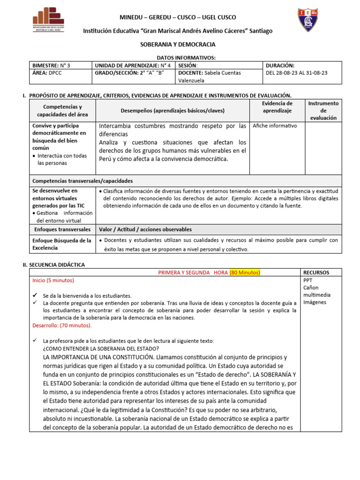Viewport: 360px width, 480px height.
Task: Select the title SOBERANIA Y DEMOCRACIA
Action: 178,44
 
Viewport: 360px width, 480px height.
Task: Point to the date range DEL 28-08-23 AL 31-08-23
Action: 296,73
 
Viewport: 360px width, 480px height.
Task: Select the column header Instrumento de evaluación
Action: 323,110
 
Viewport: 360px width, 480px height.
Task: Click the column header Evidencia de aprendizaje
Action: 277,107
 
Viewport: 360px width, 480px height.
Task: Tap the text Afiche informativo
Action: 275,126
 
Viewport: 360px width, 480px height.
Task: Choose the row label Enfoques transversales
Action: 62,229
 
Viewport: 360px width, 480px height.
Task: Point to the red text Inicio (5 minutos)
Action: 53,280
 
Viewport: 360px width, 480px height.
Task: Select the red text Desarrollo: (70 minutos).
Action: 62,325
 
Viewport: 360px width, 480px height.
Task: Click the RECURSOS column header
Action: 316,272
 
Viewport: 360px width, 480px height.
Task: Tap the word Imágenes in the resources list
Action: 315,302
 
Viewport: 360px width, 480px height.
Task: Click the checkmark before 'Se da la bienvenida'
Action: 35,296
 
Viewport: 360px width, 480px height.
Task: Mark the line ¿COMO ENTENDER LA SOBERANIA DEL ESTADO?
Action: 100,348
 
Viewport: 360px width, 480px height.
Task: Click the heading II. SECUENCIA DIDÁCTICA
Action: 54,264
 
